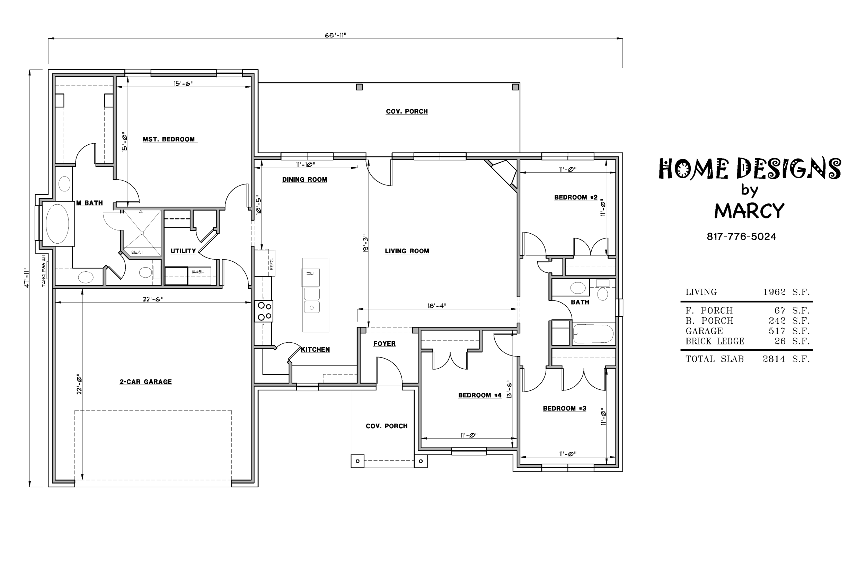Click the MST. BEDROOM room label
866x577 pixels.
click(x=169, y=139)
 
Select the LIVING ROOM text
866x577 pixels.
click(x=407, y=251)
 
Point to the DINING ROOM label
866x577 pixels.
click(x=304, y=180)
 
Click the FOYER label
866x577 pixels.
click(x=385, y=344)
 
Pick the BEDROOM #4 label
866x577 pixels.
click(x=480, y=395)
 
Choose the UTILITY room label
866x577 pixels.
click(x=183, y=251)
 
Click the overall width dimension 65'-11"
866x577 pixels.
click(x=335, y=35)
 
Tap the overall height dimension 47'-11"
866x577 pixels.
click(x=27, y=278)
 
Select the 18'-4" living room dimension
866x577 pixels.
click(x=437, y=306)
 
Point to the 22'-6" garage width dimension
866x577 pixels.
click(x=153, y=299)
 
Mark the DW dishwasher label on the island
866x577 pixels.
click(x=310, y=274)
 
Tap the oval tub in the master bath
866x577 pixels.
click(x=57, y=224)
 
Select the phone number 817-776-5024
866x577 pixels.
click(x=741, y=237)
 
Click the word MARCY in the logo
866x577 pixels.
click(x=749, y=211)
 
